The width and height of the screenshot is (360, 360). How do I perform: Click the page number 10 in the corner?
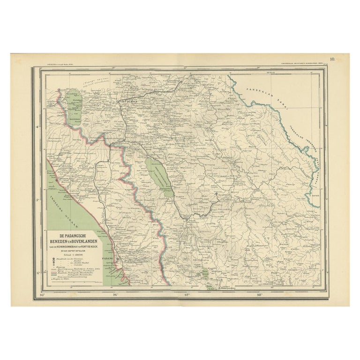332,59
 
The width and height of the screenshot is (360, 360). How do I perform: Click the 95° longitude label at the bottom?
44,295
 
